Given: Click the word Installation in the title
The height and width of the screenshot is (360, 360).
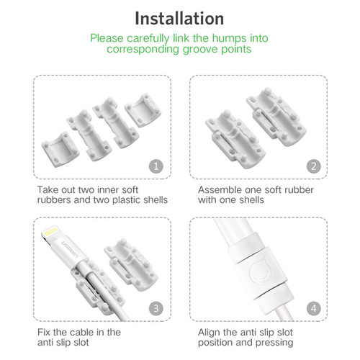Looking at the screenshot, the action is [x=179, y=19].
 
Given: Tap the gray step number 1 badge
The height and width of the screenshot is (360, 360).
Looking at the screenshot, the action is [x=156, y=166].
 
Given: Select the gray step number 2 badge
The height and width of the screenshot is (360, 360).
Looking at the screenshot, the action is [x=314, y=166].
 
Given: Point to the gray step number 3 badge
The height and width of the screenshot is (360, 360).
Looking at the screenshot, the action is [x=156, y=308].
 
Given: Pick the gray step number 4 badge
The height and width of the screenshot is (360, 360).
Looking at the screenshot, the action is [x=314, y=308].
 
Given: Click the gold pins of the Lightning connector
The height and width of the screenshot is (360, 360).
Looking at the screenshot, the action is [x=50, y=231].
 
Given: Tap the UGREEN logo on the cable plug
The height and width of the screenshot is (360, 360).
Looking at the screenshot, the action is [x=70, y=249].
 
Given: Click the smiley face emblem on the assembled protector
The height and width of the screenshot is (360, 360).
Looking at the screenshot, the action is [x=261, y=271].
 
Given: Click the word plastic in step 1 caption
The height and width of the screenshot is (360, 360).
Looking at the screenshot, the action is [x=127, y=200].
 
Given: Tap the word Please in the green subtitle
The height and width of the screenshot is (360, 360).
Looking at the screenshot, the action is [x=107, y=38].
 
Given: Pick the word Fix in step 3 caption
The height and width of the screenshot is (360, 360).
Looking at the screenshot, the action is [x=44, y=333].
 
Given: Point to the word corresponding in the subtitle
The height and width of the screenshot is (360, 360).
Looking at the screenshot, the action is [x=143, y=50].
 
